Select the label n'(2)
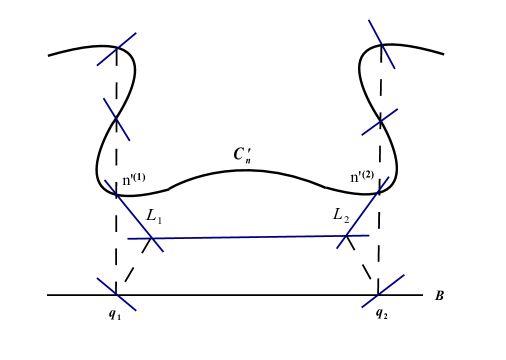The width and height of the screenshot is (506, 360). tap(361, 178)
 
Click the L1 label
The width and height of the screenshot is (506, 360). tap(155, 215)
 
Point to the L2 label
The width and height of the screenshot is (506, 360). tap(342, 214)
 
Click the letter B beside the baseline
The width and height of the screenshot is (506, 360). tap(439, 296)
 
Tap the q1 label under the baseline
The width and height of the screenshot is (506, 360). tap(115, 313)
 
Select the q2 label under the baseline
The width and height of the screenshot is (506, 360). tap(381, 313)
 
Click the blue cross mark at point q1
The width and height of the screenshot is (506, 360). tap(116, 294)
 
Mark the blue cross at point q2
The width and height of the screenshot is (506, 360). tap(379, 293)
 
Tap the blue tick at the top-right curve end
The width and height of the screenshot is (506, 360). tap(381, 44)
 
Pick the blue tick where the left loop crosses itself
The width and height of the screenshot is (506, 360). tap(117, 119)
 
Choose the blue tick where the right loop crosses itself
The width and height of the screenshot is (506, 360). tap(380, 121)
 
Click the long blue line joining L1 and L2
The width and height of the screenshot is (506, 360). tap(250, 237)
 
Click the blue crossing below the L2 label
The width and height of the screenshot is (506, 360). tap(347, 236)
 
